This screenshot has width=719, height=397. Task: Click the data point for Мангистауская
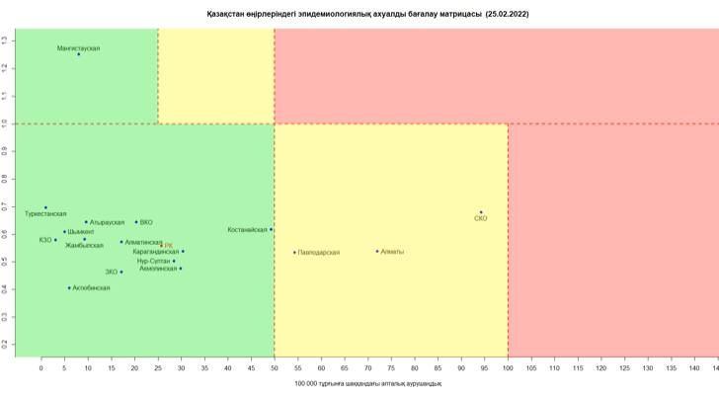[x=79, y=54]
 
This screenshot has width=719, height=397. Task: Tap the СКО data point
[x=481, y=212]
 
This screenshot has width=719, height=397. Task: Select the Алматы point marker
[x=377, y=251]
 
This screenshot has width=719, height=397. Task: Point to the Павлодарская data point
[x=294, y=252]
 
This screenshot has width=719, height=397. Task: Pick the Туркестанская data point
[x=45, y=207]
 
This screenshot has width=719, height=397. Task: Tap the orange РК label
[x=168, y=245]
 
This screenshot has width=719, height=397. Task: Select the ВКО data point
[x=136, y=221]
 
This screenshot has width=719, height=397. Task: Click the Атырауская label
[x=107, y=223]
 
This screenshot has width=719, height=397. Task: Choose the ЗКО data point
[x=121, y=272]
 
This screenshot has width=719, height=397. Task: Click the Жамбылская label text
[x=84, y=245]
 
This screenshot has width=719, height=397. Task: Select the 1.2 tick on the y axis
[x=5, y=67]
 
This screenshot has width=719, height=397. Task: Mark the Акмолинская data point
[x=181, y=269]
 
